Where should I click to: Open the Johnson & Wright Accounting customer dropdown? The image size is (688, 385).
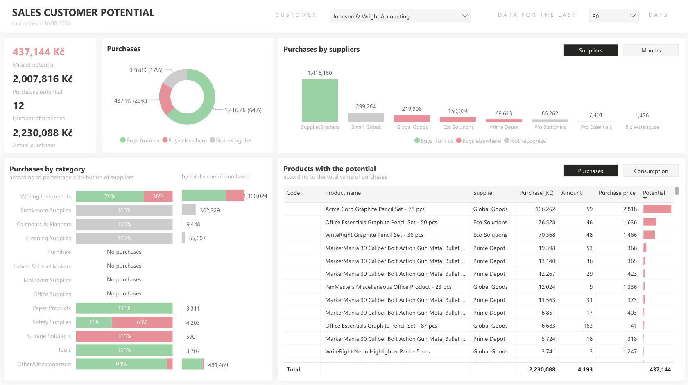point(400,16)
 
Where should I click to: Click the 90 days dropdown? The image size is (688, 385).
point(613,16)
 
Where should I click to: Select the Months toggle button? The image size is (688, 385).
point(651,50)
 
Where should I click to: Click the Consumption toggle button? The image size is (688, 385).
point(651,171)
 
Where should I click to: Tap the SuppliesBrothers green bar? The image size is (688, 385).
point(319,100)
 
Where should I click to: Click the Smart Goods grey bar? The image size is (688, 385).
point(366,117)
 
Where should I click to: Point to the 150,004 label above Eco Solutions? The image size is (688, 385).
point(457,111)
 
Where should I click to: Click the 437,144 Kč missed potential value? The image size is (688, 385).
point(38,52)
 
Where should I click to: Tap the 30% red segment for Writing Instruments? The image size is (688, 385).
point(158,196)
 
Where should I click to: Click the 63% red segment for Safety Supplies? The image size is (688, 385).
point(142,322)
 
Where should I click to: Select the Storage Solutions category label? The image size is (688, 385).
point(48,336)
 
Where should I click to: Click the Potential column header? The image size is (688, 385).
point(654,193)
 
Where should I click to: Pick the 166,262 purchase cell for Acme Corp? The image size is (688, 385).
point(545,209)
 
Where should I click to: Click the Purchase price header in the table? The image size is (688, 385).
point(617,193)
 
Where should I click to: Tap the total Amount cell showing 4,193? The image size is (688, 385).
point(585,369)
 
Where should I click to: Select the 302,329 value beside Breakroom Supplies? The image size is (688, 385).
point(210,210)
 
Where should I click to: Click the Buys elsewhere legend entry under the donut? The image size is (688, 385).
point(185,140)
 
